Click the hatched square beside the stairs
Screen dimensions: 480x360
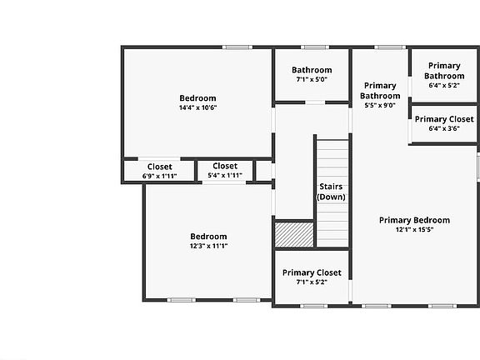(294, 234)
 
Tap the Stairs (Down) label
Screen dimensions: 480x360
(331, 192)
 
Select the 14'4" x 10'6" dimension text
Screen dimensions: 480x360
(197, 107)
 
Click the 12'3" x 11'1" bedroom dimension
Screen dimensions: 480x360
(208, 246)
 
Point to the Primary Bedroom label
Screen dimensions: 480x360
(414, 220)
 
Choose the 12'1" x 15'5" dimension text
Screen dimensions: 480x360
(414, 230)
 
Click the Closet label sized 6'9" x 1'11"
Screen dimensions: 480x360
(159, 167)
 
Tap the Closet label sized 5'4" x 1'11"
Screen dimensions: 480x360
(225, 166)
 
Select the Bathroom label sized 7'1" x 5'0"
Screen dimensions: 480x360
(312, 70)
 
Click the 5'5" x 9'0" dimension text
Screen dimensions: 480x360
(380, 105)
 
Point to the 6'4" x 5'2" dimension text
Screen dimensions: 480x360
(444, 85)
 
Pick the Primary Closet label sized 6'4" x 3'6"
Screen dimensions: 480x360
(444, 119)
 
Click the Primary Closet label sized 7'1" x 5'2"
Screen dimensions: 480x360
(312, 272)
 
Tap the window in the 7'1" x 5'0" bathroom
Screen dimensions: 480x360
(315, 47)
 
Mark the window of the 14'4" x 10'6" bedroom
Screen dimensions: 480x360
(237, 47)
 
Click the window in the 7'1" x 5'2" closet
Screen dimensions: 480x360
(314, 306)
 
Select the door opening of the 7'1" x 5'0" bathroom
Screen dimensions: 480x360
(315, 102)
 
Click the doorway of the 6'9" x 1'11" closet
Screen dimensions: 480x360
(159, 159)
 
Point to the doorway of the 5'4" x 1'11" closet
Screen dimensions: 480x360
(224, 182)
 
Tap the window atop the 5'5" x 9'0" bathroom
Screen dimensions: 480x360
(390, 47)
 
